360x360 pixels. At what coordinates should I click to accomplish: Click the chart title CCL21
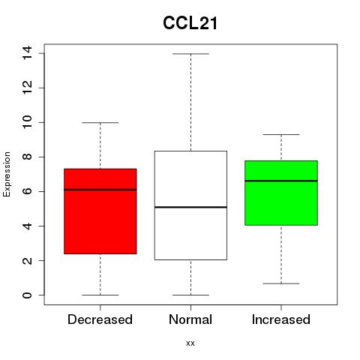[190, 23]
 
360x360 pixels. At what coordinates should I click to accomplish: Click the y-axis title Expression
[7, 174]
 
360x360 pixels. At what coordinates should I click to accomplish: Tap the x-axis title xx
[190, 343]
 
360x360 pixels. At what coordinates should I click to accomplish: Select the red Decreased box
[100, 211]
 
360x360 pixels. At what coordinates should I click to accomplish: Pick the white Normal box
[190, 205]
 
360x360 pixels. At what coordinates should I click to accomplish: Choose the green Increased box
[281, 193]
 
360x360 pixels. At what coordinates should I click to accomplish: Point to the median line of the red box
[100, 190]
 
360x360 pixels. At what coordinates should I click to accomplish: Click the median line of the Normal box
[190, 207]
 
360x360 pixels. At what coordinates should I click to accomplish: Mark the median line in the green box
[281, 181]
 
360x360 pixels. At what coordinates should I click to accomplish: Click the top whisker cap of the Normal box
[190, 54]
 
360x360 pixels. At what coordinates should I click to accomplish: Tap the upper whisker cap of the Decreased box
[100, 122]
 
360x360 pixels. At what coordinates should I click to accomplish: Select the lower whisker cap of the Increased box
[281, 283]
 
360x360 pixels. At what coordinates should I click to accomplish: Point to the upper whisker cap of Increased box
[281, 134]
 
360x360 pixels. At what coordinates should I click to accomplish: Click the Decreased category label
[100, 319]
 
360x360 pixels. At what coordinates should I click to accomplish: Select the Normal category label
[190, 319]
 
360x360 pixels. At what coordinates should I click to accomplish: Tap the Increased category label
[281, 319]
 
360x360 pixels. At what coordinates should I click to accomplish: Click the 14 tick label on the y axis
[27, 52]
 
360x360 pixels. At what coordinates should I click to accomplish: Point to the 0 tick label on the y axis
[27, 295]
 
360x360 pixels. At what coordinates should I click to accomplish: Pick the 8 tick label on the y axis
[27, 157]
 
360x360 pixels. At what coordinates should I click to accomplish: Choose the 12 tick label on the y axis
[27, 88]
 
